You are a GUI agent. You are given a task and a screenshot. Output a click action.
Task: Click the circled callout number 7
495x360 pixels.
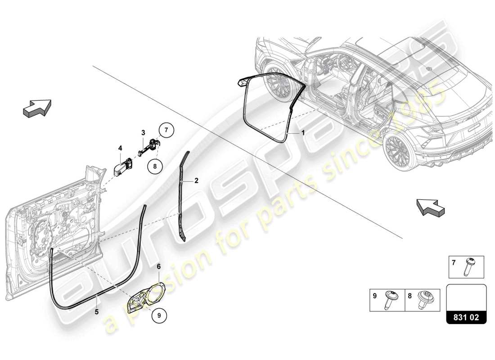pos(166,131)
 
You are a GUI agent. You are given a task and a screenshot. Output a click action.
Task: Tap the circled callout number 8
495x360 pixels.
pos(154,166)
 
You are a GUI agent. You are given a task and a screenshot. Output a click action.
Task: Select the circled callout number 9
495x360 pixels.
pos(158,315)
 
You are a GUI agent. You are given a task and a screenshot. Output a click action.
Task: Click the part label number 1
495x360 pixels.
pos(303,133)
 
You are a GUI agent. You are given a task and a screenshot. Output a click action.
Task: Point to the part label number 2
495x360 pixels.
pos(196,181)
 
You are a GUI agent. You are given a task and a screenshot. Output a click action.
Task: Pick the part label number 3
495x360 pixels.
pos(143,133)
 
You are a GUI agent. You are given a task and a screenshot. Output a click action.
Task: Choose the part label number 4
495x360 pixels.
pos(120,148)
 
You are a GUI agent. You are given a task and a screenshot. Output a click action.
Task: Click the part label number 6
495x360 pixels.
pos(158,266)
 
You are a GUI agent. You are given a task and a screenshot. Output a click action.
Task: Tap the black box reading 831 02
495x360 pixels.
pos(466,318)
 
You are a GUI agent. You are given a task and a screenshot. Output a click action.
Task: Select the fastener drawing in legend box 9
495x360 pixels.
pos(390,300)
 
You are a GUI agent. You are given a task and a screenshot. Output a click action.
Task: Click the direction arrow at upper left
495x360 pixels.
pos(36,108)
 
